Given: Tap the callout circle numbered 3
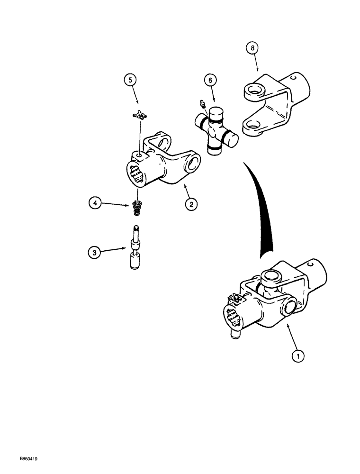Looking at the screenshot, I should tap(95, 253).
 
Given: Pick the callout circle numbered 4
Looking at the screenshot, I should tap(95, 204).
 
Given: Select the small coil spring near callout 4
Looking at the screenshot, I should tap(135, 208).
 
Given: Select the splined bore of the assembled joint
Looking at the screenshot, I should tap(232, 317).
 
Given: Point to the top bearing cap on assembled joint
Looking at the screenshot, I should tap(273, 276).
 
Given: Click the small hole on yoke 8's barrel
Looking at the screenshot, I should tap(293, 75).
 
